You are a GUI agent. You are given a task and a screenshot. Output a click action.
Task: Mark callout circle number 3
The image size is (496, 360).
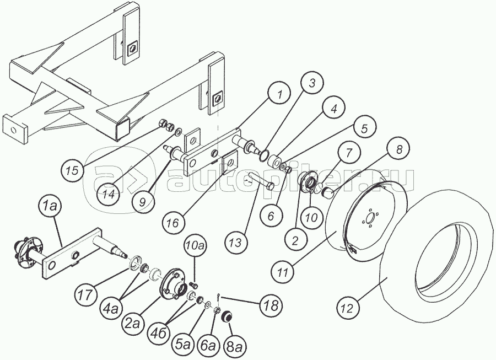311,83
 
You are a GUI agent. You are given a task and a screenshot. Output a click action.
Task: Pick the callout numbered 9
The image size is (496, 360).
143,201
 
